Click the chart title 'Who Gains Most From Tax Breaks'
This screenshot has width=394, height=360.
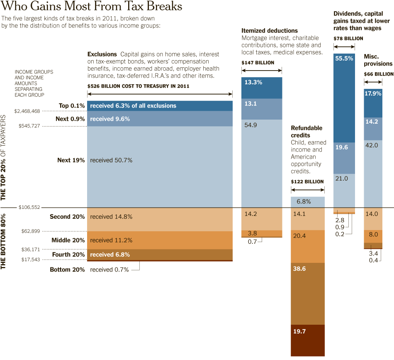92,7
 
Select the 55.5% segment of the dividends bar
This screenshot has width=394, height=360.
344,98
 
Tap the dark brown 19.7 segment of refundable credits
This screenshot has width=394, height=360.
307,340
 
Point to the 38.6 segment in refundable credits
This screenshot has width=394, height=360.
307,294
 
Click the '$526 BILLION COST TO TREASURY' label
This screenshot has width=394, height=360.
138,86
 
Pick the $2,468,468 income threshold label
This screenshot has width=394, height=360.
27,111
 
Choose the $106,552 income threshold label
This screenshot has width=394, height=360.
29,207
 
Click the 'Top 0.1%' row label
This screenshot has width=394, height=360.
72,106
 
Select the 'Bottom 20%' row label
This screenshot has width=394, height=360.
67,269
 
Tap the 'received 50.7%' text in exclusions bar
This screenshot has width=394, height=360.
111,160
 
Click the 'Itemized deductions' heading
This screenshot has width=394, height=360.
270,31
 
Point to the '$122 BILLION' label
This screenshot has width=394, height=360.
307,181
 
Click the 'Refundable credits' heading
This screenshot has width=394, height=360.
306,132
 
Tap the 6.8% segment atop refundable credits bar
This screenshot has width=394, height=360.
307,202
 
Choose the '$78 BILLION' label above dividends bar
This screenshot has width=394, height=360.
348,38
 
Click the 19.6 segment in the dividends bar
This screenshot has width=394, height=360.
344,158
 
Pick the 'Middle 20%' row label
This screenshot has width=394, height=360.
68,240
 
